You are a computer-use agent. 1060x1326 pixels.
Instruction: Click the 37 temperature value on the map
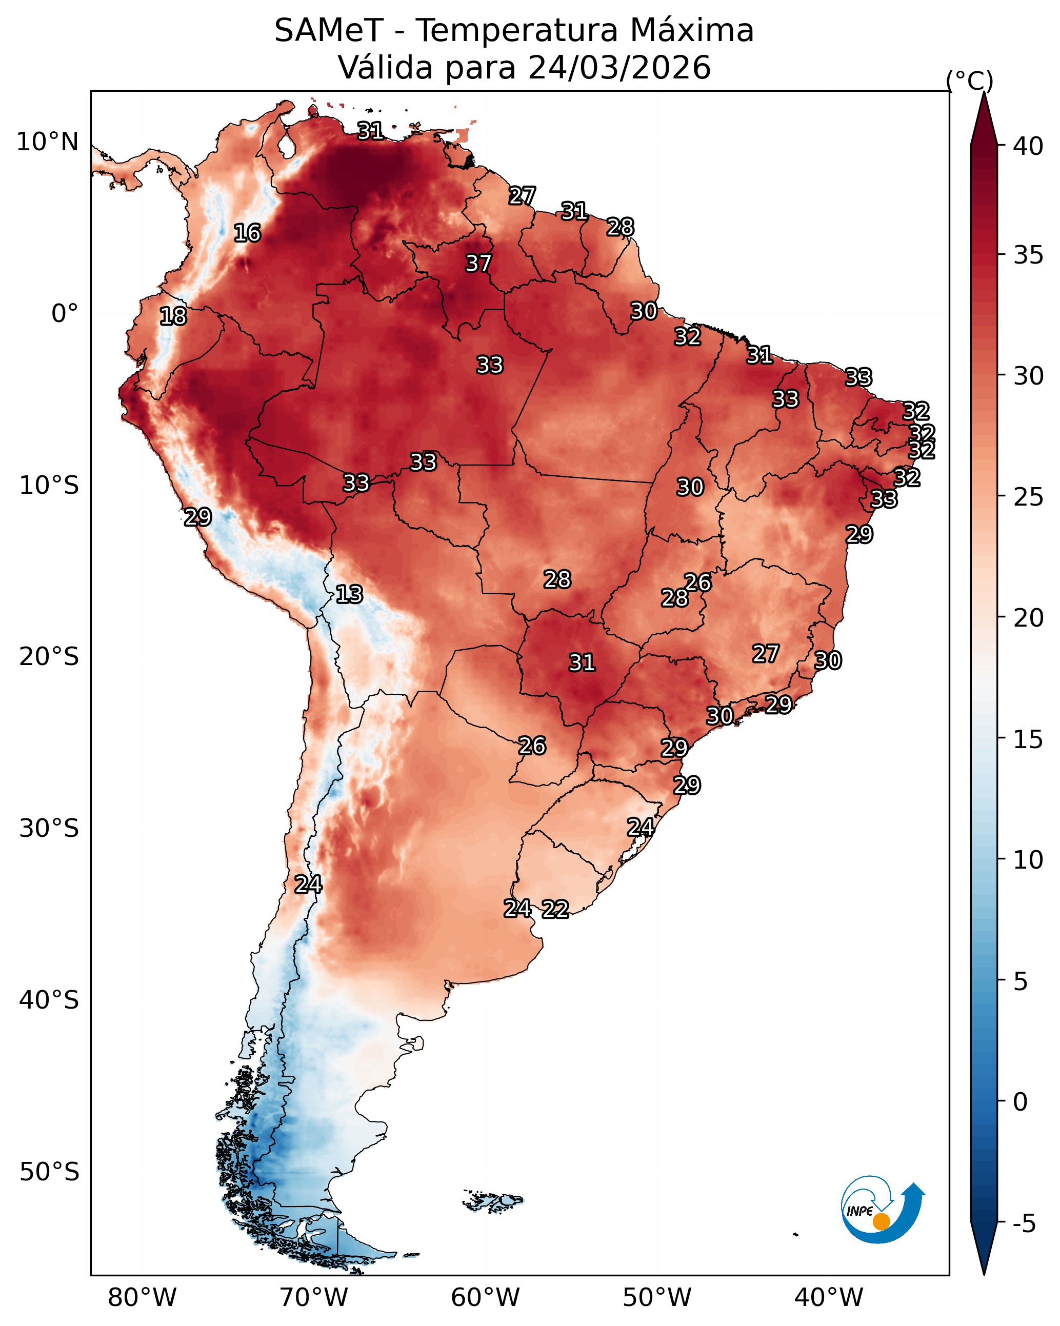pyautogui.click(x=478, y=263)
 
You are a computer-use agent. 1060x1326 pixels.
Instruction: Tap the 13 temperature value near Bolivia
pyautogui.click(x=349, y=594)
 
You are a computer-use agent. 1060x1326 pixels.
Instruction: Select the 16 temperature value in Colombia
pyautogui.click(x=247, y=233)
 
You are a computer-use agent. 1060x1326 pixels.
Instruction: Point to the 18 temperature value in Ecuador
pyautogui.click(x=173, y=316)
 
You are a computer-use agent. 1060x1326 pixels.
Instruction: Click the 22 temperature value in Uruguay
pyautogui.click(x=555, y=909)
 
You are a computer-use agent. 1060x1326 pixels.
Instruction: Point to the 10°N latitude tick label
pyautogui.click(x=47, y=142)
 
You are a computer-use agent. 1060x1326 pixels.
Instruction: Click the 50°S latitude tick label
pyautogui.click(x=49, y=1172)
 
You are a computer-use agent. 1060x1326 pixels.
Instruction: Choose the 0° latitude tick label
pyautogui.click(x=65, y=314)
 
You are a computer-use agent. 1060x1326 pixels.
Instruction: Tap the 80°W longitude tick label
pyautogui.click(x=142, y=1298)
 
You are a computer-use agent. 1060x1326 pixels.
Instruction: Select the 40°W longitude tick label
pyautogui.click(x=829, y=1298)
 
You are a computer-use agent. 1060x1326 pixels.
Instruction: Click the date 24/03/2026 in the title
pyautogui.click(x=619, y=68)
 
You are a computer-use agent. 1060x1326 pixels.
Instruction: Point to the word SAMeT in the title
pyautogui.click(x=329, y=31)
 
